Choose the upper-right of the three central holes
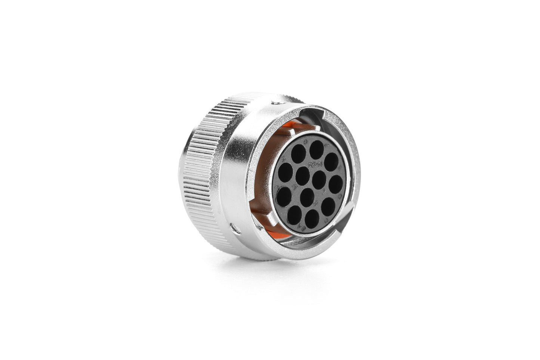tap(319, 180)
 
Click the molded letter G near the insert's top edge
tap(306, 141)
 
